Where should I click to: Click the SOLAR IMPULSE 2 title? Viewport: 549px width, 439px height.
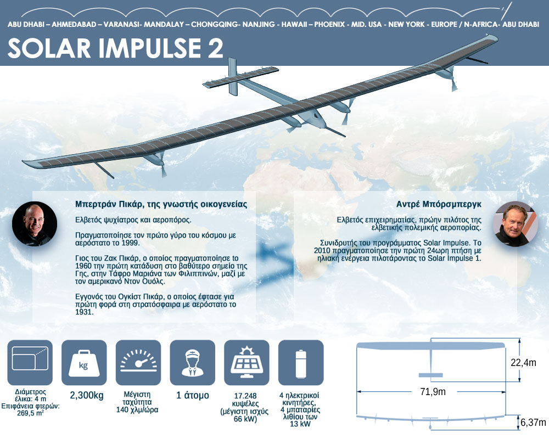pyautogui.click(x=115, y=48)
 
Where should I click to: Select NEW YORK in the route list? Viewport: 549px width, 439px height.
pyautogui.click(x=406, y=25)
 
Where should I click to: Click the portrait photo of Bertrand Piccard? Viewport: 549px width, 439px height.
pyautogui.click(x=34, y=224)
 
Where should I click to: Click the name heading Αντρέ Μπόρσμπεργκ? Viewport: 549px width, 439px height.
pyautogui.click(x=439, y=204)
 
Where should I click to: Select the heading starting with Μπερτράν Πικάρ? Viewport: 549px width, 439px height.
pyautogui.click(x=161, y=205)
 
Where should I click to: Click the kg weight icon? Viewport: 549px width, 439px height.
pyautogui.click(x=84, y=362)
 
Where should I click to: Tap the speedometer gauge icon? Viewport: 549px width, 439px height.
pyautogui.click(x=138, y=362)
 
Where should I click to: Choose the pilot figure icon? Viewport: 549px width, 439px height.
pyautogui.click(x=192, y=362)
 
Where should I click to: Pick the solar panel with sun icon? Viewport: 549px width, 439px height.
pyautogui.click(x=247, y=362)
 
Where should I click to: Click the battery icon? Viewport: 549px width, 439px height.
pyautogui.click(x=301, y=362)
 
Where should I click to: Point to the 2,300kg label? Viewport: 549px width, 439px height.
pyautogui.click(x=87, y=396)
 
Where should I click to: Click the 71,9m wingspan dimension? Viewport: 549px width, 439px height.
pyautogui.click(x=433, y=391)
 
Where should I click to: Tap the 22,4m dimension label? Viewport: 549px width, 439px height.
pyautogui.click(x=523, y=363)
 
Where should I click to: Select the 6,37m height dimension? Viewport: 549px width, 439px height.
pyautogui.click(x=533, y=423)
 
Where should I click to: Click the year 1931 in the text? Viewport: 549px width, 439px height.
pyautogui.click(x=84, y=312)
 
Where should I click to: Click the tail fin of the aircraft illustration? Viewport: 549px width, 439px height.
pyautogui.click(x=232, y=76)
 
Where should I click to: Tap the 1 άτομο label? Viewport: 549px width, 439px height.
pyautogui.click(x=193, y=396)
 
